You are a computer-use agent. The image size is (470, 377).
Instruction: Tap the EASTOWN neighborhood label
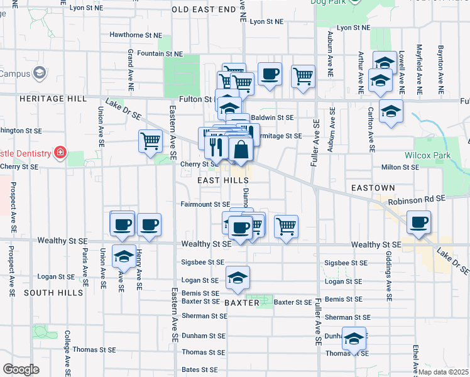(x=373, y=188)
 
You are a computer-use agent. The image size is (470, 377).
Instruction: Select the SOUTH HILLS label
(x=53, y=293)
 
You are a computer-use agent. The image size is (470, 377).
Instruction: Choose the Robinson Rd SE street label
(x=417, y=199)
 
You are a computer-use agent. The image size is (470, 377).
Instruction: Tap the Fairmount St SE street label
(x=205, y=204)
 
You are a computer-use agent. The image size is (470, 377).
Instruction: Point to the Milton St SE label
(x=400, y=167)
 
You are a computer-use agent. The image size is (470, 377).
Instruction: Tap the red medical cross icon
(x=60, y=153)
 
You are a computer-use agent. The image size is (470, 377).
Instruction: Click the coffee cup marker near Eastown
(x=419, y=222)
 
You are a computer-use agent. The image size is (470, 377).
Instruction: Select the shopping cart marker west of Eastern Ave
(x=150, y=141)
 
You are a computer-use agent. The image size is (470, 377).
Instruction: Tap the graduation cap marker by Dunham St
(x=354, y=339)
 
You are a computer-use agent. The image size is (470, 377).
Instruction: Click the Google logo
(x=21, y=369)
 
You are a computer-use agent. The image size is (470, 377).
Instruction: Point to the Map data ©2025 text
(x=442, y=371)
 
